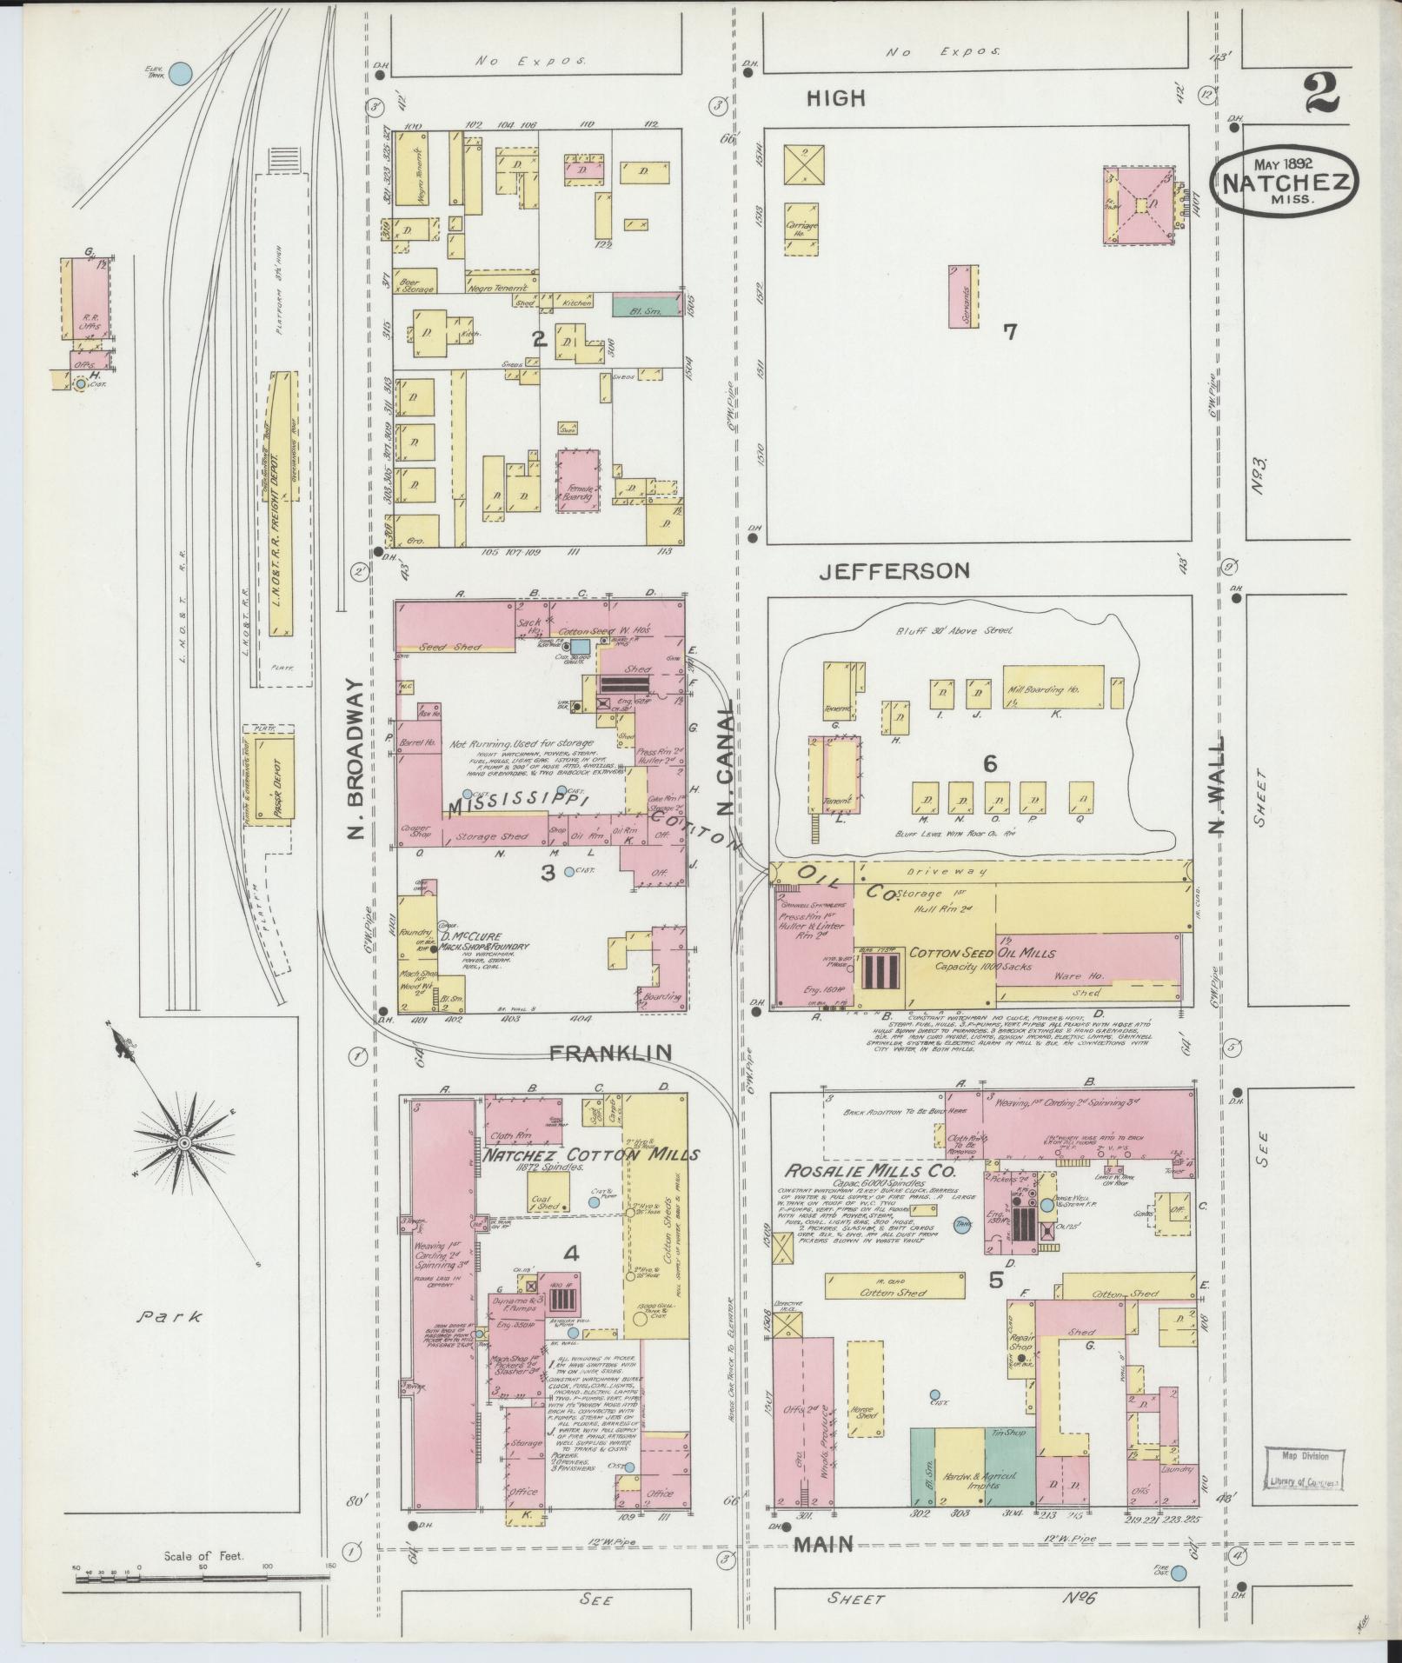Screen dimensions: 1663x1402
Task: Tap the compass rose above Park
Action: click(184, 1141)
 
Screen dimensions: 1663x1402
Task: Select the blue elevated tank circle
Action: click(180, 74)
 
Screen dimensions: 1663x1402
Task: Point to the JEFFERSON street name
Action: click(894, 571)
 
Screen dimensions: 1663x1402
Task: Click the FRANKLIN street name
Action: click(611, 1053)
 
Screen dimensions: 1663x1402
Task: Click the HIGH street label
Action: click(836, 99)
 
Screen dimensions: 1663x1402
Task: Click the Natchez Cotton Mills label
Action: click(591, 1155)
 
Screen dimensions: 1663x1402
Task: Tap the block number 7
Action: click(1009, 331)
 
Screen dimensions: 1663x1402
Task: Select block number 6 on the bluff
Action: click(989, 764)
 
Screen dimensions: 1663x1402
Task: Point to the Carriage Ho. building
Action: click(801, 229)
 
